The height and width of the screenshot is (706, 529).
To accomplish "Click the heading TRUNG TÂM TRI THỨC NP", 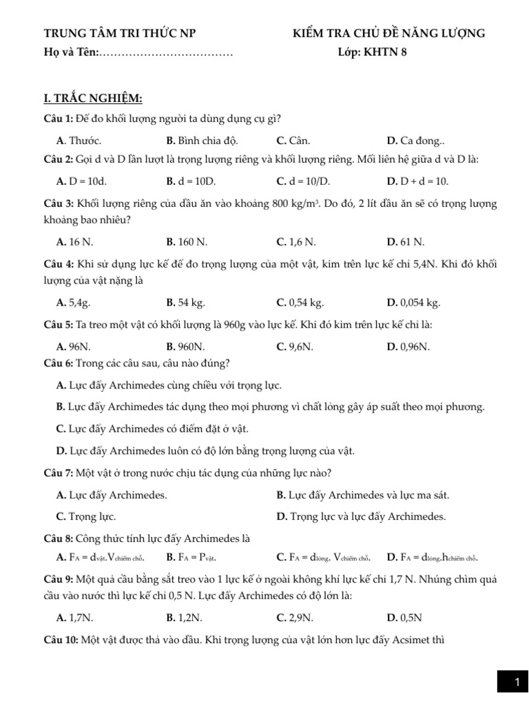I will point(124,33).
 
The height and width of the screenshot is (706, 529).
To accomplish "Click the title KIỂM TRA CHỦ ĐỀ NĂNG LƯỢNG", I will point(388,33).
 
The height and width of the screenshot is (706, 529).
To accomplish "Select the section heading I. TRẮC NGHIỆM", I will point(93,99).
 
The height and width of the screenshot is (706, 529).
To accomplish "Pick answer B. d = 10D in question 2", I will point(191,181).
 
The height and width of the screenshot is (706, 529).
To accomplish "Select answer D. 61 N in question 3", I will point(406,242).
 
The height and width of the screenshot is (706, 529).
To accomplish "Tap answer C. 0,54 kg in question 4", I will point(300,303).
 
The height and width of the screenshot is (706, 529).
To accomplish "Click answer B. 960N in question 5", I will point(185,347).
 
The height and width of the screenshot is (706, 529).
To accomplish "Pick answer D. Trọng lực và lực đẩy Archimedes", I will point(361,516).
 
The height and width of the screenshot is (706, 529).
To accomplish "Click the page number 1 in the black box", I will point(517,683).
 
